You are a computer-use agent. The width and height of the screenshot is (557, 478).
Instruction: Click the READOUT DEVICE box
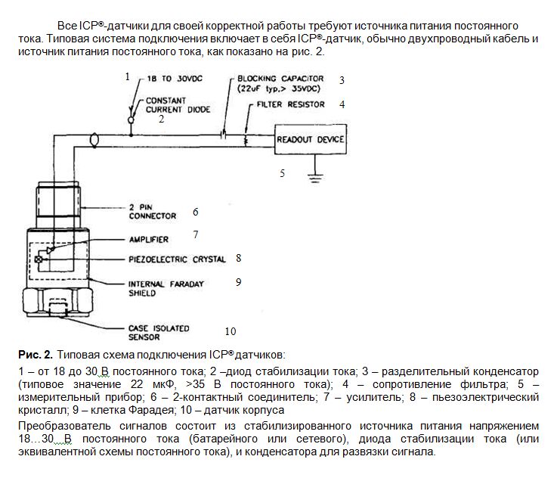[x=310, y=140]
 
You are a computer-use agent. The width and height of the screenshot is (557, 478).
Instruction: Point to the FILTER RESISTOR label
[x=290, y=104]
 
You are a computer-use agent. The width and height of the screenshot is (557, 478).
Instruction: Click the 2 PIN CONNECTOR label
[x=152, y=211]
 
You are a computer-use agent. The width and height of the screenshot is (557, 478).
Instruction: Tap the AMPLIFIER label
[x=149, y=240]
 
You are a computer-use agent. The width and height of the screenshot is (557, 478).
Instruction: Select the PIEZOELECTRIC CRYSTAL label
[x=177, y=259]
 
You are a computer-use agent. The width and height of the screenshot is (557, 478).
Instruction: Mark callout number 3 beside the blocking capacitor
[x=342, y=79]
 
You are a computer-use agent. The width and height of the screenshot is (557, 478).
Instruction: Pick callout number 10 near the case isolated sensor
[x=231, y=331]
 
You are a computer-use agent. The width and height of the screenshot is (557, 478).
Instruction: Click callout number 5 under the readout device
[x=282, y=173]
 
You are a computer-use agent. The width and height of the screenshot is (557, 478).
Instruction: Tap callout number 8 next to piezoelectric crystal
[x=239, y=258]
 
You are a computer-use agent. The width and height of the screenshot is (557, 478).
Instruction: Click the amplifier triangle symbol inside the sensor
[x=51, y=249]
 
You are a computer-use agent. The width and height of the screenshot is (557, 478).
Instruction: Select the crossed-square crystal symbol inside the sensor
[x=39, y=259]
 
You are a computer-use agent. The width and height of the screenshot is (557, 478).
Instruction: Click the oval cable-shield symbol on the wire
[x=93, y=140]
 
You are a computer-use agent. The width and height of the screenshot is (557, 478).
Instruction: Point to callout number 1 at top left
[x=128, y=76]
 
